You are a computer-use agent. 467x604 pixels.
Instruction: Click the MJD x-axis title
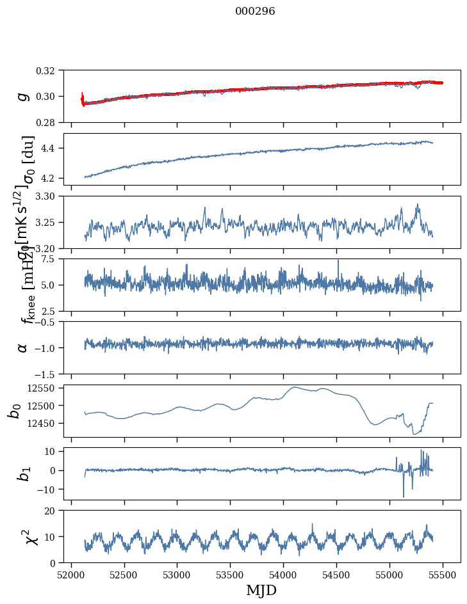pyautogui.click(x=261, y=590)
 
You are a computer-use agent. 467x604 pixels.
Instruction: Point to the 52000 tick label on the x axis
pyautogui.click(x=71, y=575)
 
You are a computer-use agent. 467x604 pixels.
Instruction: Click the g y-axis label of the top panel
pyautogui.click(x=23, y=96)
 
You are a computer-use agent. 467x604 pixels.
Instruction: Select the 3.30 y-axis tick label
pyautogui.click(x=50, y=196)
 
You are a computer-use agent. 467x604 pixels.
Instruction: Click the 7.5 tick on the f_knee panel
pyautogui.click(x=53, y=258)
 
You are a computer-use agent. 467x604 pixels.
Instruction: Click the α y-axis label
pyautogui.click(x=23, y=347)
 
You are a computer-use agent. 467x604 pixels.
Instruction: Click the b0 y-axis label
pyautogui.click(x=14, y=411)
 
